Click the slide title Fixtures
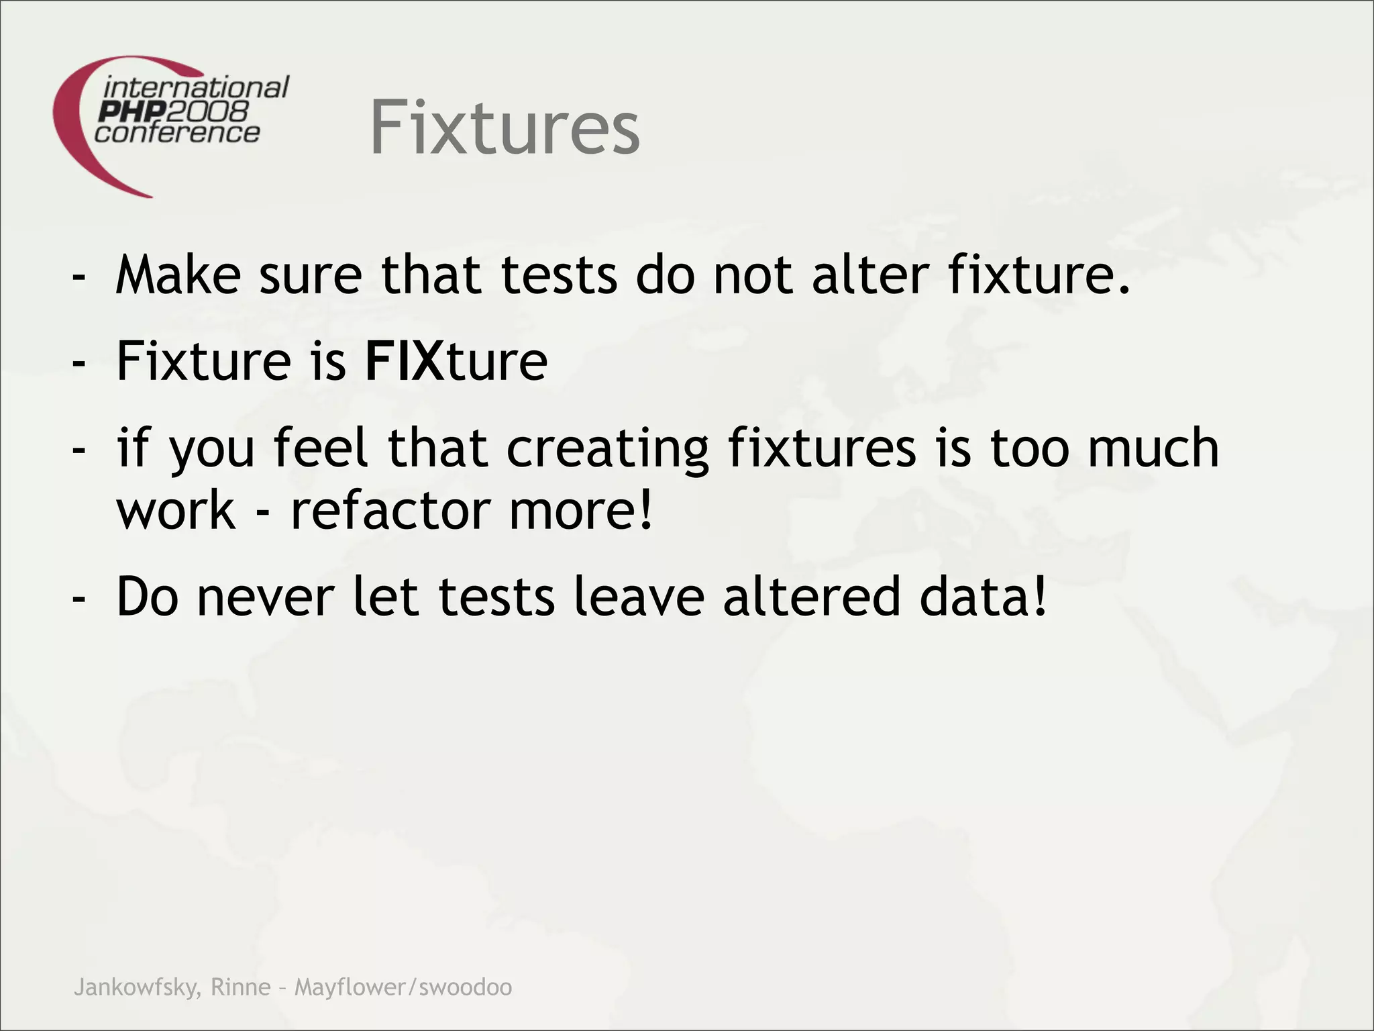[505, 128]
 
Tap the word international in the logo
[196, 87]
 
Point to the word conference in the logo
[177, 132]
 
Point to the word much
[1153, 448]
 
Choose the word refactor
[390, 510]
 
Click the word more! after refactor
[581, 510]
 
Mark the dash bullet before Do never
[79, 597]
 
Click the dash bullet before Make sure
[79, 277]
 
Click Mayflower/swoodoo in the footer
[403, 987]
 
